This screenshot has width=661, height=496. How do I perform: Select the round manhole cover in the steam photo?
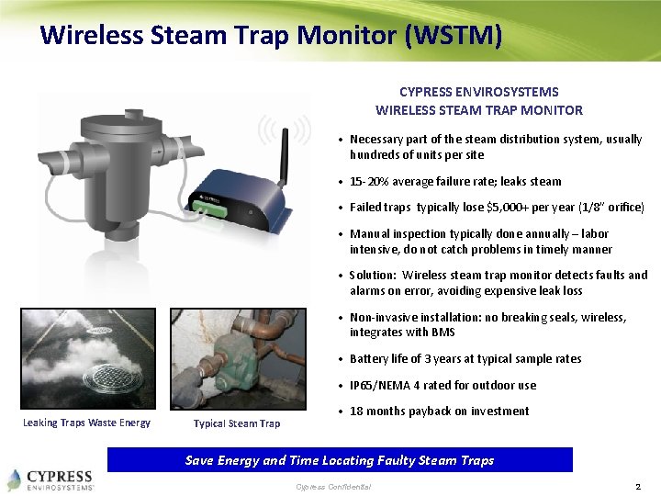[106, 378]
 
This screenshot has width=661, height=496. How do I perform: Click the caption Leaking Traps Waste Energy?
[86, 423]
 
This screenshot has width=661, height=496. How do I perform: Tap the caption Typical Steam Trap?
[237, 423]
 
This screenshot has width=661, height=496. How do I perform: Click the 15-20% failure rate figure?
[370, 182]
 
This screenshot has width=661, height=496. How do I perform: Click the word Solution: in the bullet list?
[374, 275]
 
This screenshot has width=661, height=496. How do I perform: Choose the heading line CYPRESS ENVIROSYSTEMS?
[478, 92]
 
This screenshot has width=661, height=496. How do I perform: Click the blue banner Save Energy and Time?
[340, 460]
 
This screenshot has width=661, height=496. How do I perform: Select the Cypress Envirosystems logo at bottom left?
[50, 479]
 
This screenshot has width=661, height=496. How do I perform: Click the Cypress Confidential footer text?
[333, 486]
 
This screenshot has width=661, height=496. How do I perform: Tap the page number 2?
[637, 485]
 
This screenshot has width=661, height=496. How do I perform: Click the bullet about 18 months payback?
[439, 411]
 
